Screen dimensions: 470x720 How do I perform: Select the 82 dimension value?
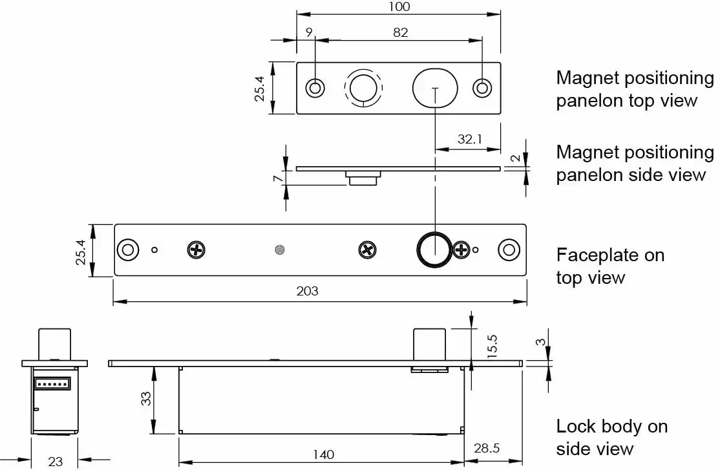(401, 32)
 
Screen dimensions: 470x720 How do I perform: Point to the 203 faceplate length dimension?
(308, 291)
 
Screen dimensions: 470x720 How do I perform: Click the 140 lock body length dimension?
(323, 454)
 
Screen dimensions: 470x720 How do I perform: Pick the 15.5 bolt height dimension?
(493, 347)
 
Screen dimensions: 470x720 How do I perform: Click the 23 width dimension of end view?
(55, 462)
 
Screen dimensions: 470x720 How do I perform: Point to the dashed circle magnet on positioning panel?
(363, 87)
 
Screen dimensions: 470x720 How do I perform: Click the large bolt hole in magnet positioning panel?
(435, 87)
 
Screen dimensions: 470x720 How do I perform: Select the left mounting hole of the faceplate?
(127, 250)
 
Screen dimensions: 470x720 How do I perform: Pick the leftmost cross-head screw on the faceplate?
(195, 250)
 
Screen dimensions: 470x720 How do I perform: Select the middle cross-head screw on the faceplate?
(366, 250)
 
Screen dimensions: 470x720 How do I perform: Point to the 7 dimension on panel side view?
(277, 178)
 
